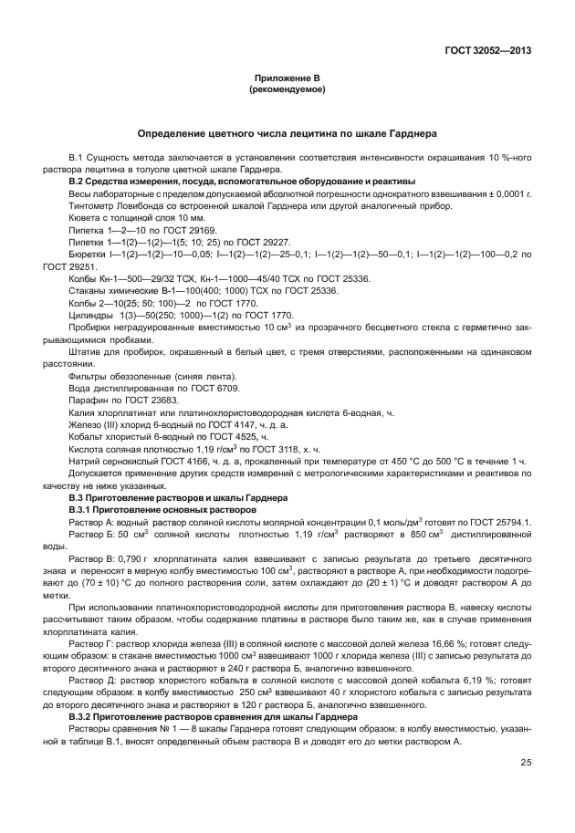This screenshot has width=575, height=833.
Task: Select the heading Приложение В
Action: pyautogui.click(x=287, y=80)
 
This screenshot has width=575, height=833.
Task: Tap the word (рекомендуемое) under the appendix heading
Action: pyautogui.click(x=287, y=91)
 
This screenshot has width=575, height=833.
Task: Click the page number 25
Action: pyautogui.click(x=526, y=763)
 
